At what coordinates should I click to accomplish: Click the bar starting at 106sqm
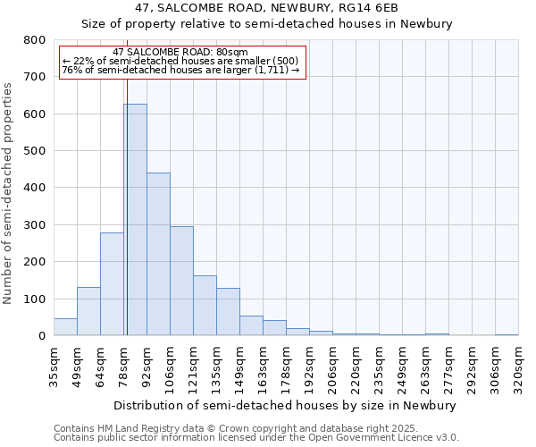(181, 281)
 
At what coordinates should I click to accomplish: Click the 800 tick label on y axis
(34, 40)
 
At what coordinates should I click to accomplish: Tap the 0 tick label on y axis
(41, 336)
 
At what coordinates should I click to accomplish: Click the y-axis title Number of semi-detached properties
(9, 193)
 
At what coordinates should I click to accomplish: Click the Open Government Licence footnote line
(256, 437)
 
